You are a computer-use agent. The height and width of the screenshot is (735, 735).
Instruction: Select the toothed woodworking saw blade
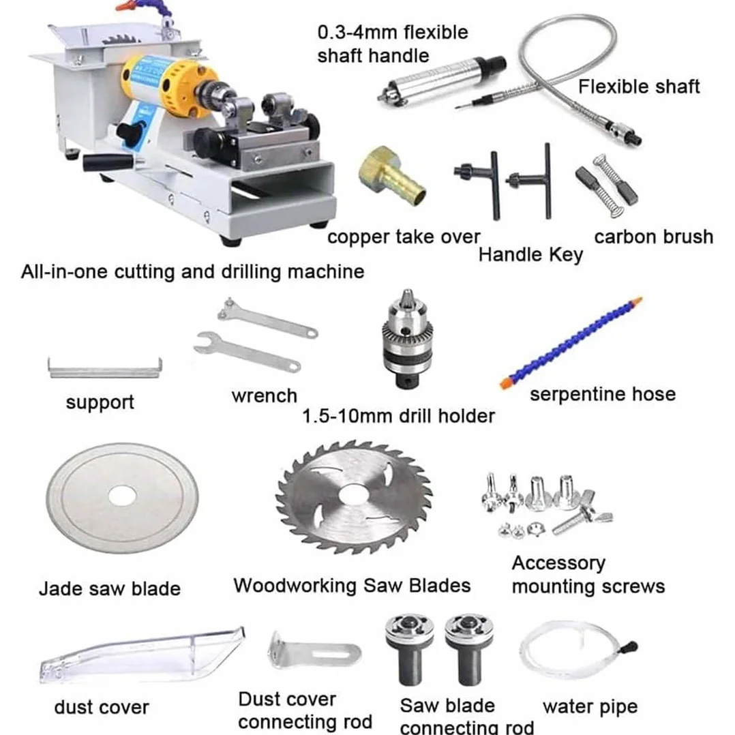(355, 497)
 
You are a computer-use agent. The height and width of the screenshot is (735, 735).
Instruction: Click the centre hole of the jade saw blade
(122, 497)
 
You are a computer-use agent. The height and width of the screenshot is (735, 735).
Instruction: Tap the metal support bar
(105, 368)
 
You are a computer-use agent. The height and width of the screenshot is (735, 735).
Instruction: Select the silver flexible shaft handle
(442, 80)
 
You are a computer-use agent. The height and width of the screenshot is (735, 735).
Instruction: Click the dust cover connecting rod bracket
(313, 652)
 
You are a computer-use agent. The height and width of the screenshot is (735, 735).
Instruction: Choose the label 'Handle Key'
(530, 255)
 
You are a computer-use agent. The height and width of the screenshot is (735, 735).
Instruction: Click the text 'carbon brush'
(653, 237)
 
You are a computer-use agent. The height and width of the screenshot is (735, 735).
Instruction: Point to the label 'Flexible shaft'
(638, 86)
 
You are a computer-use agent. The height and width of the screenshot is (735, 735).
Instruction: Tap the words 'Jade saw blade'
(110, 589)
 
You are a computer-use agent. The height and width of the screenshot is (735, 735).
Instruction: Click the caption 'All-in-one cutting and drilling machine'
(193, 272)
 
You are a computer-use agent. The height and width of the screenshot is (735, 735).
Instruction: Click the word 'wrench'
(265, 396)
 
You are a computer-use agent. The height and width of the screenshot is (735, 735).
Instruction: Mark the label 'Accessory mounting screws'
(588, 575)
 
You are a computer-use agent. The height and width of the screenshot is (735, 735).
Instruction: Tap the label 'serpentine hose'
(603, 394)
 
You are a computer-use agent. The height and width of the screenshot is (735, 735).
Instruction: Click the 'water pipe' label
(590, 707)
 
